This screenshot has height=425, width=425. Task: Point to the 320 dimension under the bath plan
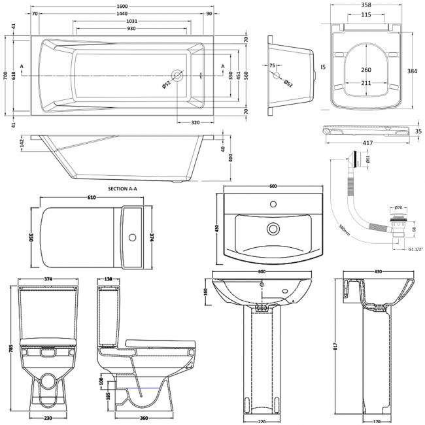pos(195,122)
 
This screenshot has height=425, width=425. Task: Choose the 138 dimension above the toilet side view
pos(107,279)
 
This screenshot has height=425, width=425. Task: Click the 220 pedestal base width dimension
pos(262,421)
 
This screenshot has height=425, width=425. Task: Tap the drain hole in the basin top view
pos(271,229)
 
